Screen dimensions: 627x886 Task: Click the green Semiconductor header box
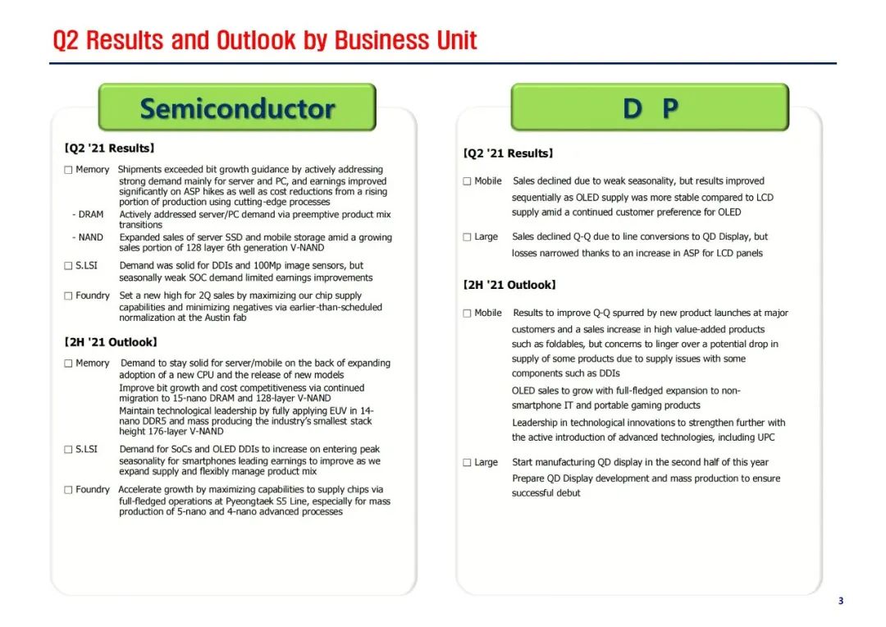[236, 108]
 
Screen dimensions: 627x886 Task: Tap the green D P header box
[649, 108]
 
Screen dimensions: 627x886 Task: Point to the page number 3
[840, 601]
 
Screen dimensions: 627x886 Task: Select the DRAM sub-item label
[90, 214]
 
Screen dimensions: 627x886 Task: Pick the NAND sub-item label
[90, 237]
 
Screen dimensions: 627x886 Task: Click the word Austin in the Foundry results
[217, 317]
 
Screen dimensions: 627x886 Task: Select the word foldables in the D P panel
[558, 344]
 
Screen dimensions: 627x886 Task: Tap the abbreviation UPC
[762, 437]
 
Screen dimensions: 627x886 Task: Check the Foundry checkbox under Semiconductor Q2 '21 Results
[68, 296]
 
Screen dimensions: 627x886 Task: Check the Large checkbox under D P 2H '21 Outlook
[467, 463]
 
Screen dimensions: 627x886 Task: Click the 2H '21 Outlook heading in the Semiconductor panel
[110, 341]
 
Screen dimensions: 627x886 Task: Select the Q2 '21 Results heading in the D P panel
[509, 153]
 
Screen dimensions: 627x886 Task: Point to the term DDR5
[158, 421]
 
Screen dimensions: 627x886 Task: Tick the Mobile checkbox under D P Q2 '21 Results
[467, 181]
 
